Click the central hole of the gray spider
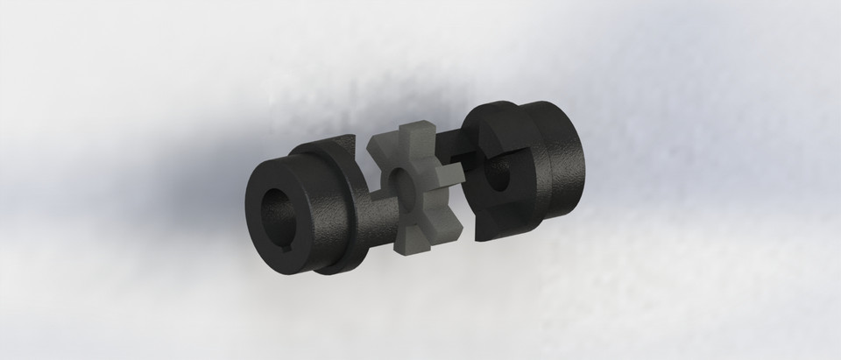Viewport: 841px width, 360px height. [x=405, y=183]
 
